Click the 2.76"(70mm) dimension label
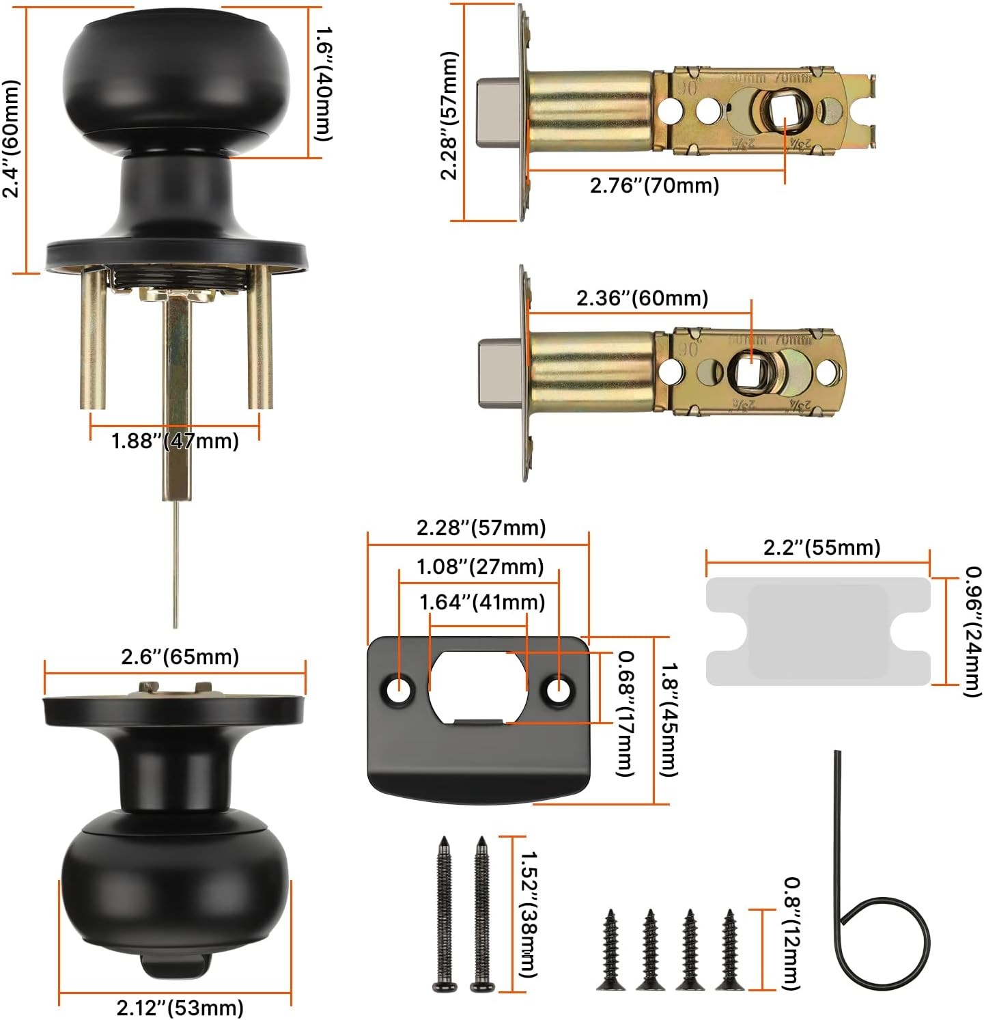pyautogui.click(x=654, y=185)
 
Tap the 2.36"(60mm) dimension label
pyautogui.click(x=642, y=298)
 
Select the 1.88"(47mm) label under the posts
pyautogui.click(x=175, y=441)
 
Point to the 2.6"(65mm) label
pyautogui.click(x=180, y=657)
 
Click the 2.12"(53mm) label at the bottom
pyautogui.click(x=180, y=1007)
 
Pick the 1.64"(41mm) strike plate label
pyautogui.click(x=482, y=602)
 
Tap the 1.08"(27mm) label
pyautogui.click(x=481, y=566)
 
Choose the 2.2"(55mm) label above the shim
pyautogui.click(x=821, y=547)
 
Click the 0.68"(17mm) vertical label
pyautogui.click(x=625, y=713)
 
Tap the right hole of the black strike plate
pyautogui.click(x=559, y=690)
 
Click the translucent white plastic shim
pyautogui.click(x=818, y=631)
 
